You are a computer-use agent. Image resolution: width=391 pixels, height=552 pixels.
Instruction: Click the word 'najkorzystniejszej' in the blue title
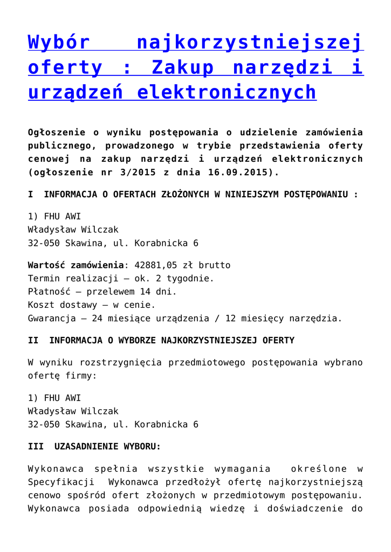click(250, 42)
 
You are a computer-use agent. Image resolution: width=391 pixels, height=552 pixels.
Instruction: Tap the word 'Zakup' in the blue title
click(183, 67)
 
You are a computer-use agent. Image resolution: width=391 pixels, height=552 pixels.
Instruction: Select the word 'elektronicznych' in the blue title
click(227, 92)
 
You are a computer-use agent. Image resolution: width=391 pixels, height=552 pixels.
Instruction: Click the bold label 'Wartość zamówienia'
click(76, 265)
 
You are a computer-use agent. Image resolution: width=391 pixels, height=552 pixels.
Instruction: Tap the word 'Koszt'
click(41, 305)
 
